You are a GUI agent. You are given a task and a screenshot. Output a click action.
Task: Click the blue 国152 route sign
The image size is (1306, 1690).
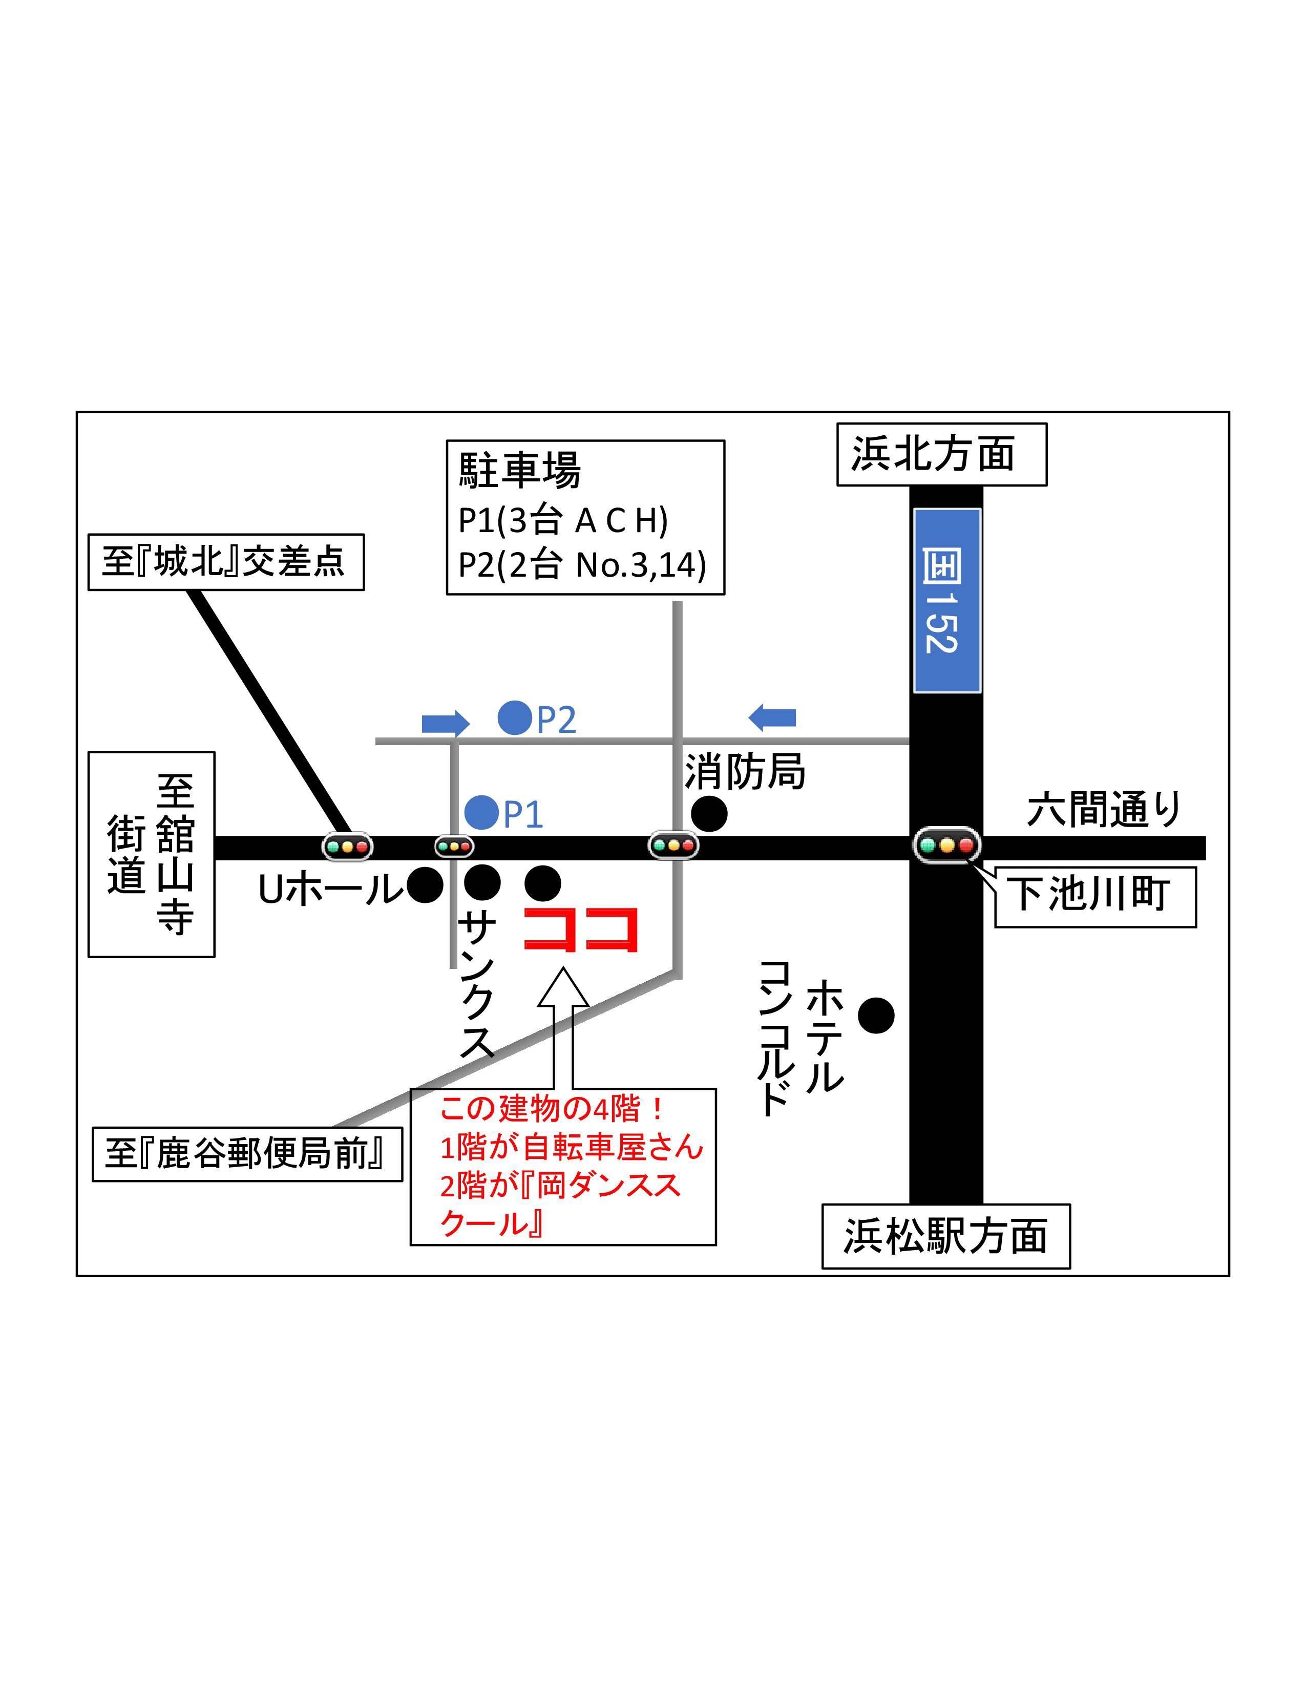pyautogui.click(x=946, y=601)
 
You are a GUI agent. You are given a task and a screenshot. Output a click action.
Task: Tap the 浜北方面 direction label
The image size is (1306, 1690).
pyautogui.click(x=941, y=454)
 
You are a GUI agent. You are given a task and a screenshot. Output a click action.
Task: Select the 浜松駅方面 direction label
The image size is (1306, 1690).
pyautogui.click(x=945, y=1236)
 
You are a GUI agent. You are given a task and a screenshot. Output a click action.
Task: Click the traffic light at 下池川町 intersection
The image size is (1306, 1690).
pyautogui.click(x=946, y=845)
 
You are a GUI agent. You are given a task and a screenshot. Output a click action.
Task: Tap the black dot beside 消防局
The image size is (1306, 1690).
pyautogui.click(x=709, y=813)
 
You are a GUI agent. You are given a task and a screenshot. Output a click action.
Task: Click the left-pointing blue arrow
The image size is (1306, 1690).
pyautogui.click(x=772, y=717)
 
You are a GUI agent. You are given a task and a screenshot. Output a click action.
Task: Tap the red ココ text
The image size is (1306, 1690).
pyautogui.click(x=581, y=929)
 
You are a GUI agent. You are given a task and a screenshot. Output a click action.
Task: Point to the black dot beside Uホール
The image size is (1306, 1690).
pyautogui.click(x=425, y=884)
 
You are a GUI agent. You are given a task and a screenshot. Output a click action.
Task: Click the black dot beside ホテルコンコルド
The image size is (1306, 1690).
pyautogui.click(x=876, y=1015)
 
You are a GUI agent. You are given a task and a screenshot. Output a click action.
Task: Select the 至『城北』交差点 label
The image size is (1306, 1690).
pyautogui.click(x=225, y=562)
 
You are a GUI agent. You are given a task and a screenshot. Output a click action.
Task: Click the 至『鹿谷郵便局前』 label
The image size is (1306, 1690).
pyautogui.click(x=247, y=1154)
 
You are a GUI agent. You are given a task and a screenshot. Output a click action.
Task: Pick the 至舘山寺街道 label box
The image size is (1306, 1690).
pyautogui.click(x=151, y=854)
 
